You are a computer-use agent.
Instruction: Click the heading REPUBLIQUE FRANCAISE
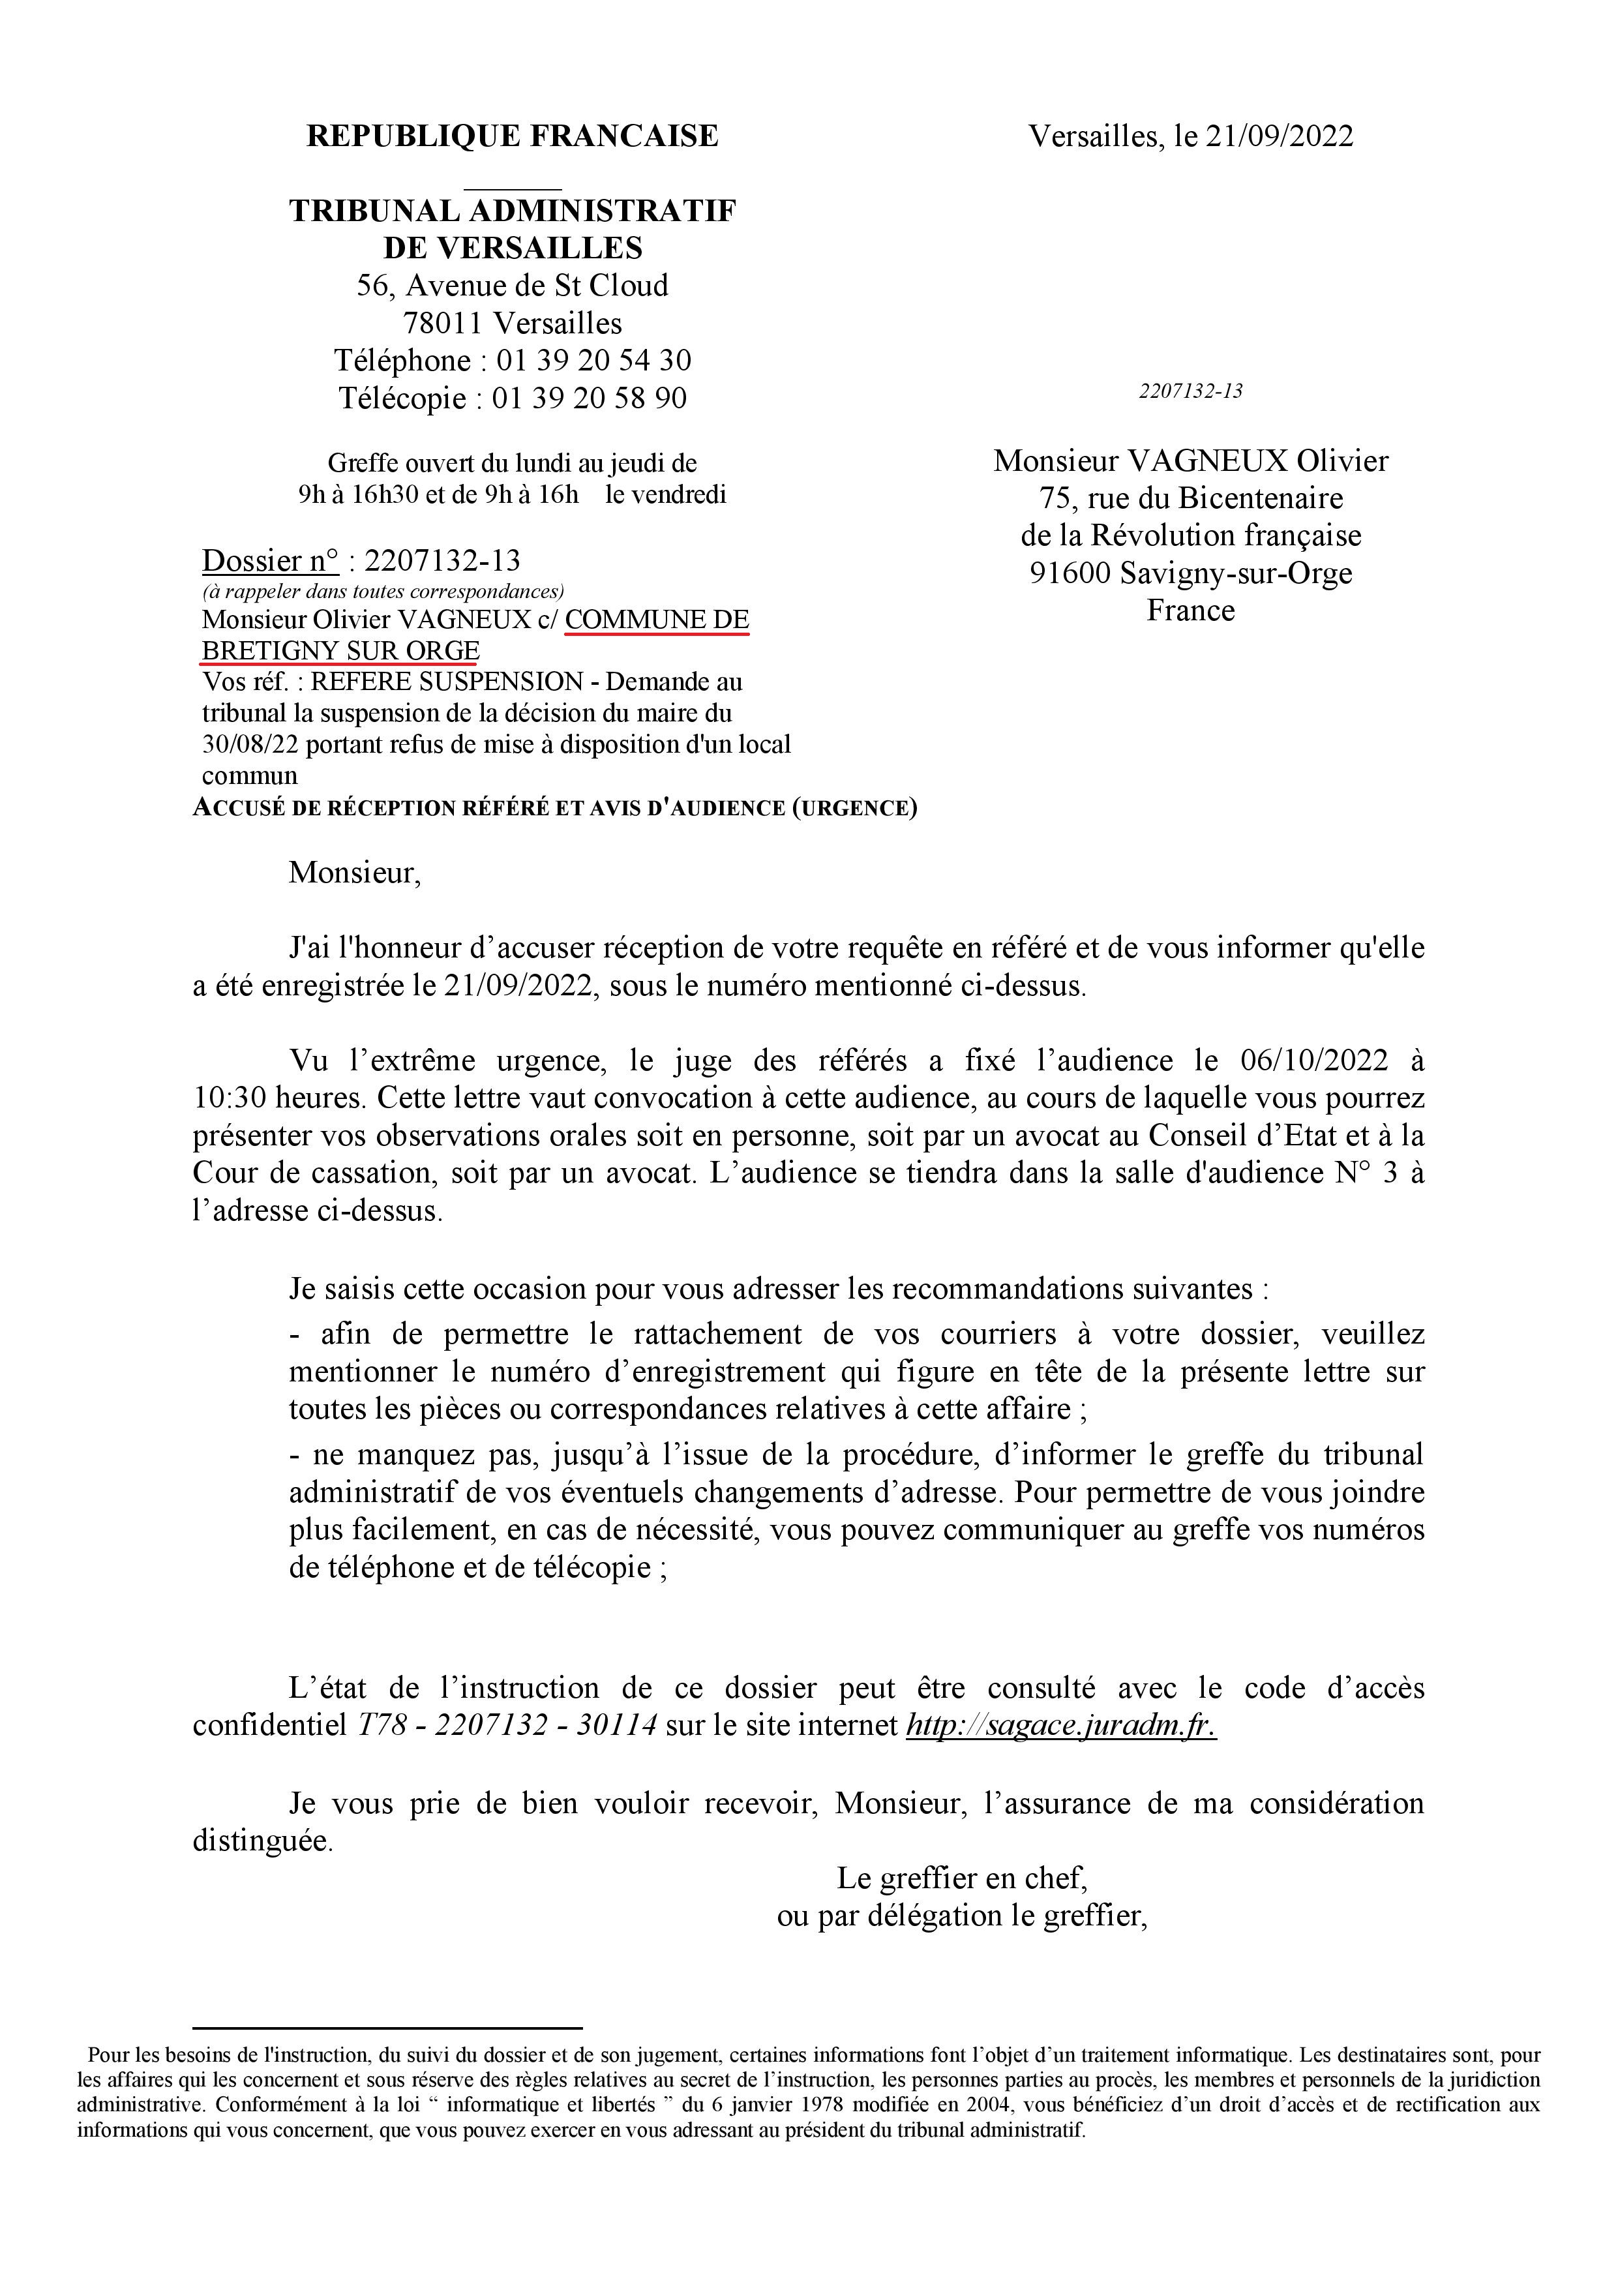click(512, 136)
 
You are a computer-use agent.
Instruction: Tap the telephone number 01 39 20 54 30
click(594, 360)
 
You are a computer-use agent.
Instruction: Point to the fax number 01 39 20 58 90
click(589, 398)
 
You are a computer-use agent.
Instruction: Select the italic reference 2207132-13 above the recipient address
click(1191, 391)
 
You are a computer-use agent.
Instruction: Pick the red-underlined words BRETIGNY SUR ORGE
click(340, 651)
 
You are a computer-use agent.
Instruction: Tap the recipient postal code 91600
click(1070, 573)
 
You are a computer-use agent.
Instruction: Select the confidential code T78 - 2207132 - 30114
click(507, 1725)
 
